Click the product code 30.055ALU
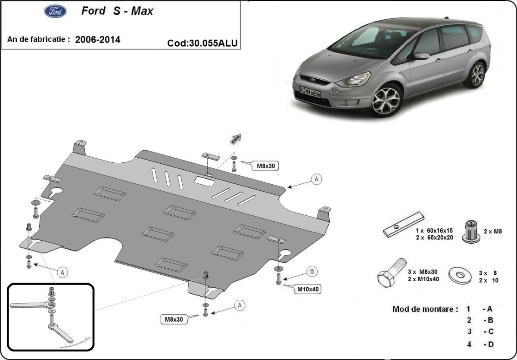click(202, 43)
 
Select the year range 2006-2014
click(97, 40)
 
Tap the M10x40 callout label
click(308, 289)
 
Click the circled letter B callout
click(312, 271)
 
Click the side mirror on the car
click(420, 56)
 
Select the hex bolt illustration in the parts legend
click(390, 273)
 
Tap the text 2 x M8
click(493, 231)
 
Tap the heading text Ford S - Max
click(117, 11)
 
